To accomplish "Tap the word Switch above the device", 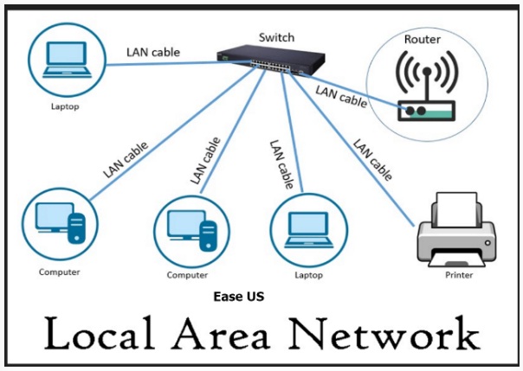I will click(x=276, y=37).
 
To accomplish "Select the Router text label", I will click(x=423, y=40).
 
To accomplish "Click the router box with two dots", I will click(x=423, y=111).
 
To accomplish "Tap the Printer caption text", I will click(x=459, y=275).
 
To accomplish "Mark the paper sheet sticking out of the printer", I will click(x=457, y=206).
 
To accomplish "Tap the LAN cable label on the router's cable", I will click(x=341, y=94).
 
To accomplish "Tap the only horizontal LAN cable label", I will click(x=153, y=52).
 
